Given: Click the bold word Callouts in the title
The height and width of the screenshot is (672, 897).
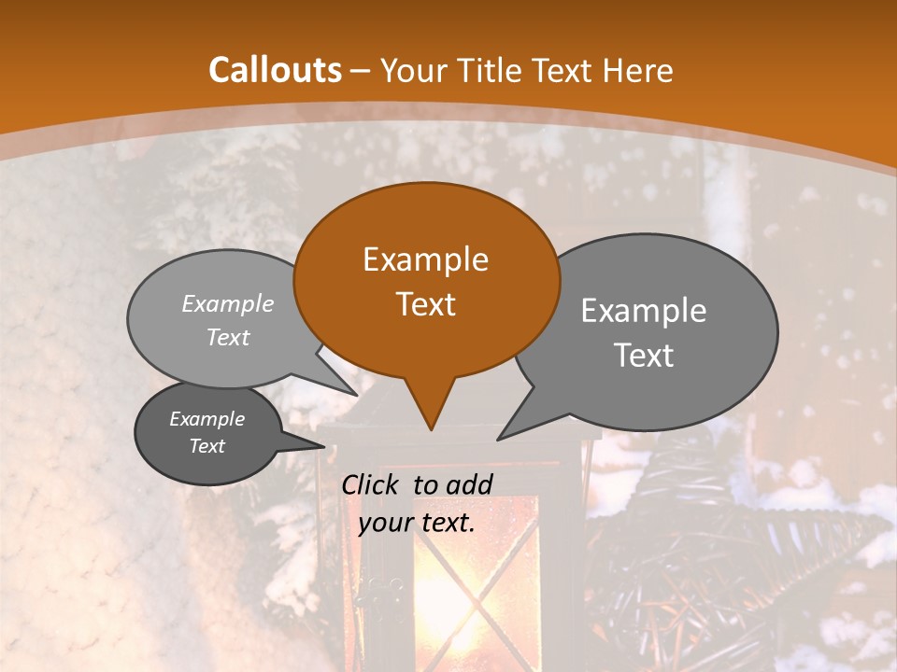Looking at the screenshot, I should pos(275,71).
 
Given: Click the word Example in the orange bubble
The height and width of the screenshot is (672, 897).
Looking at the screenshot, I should pos(425,259).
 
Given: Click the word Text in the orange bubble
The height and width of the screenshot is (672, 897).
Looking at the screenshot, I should pos(425,304).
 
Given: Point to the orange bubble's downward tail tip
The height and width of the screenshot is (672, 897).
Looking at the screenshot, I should pos(431,429).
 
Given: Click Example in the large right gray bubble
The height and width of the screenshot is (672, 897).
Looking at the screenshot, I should pos(644,311).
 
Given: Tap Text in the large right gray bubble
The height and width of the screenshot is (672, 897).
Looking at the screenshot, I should pos(644,356).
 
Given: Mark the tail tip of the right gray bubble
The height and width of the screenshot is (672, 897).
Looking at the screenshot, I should pos(498,439).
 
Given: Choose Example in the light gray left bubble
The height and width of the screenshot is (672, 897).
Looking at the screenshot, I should pos(228,304).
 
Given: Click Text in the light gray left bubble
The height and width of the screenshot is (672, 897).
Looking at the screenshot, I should pos(228,338).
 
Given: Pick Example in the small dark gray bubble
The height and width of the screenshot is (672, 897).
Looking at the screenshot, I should pos(207,419).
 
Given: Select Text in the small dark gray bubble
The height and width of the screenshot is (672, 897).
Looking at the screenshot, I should pos(207,446).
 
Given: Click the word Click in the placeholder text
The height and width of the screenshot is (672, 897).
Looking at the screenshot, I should pos(371,484).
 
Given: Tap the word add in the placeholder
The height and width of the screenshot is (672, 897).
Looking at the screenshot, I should pos(469,484).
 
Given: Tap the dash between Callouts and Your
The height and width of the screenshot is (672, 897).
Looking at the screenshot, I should pos(361,71).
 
